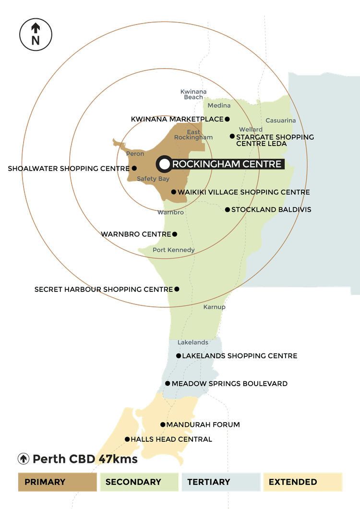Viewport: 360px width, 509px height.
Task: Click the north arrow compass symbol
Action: coord(36,35)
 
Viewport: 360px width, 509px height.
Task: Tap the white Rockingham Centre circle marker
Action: coord(165,164)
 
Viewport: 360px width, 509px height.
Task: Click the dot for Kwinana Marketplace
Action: coord(227,119)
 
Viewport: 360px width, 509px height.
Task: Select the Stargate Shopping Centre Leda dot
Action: coord(232,136)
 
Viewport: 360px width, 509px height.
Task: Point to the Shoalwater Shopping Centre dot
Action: coord(134,168)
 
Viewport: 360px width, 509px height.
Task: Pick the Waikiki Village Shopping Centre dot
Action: coord(174,192)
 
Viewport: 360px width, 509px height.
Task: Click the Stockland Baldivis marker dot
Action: coord(228,210)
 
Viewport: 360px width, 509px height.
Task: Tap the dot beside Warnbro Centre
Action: coord(175,234)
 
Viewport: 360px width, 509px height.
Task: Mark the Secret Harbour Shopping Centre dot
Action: coord(177,289)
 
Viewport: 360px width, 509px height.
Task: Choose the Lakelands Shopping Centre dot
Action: coord(178,356)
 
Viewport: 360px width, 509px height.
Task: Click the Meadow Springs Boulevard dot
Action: coord(168,383)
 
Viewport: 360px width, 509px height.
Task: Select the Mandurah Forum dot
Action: coord(163,424)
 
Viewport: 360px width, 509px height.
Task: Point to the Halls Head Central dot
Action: coord(127,439)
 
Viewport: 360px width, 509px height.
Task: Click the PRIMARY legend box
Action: coord(58,482)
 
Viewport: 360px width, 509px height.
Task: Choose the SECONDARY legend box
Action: coord(139,482)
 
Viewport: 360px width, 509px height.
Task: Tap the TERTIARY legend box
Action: coord(221,482)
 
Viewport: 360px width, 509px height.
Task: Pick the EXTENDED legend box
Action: coord(303,482)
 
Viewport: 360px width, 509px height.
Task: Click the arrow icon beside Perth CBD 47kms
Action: coord(24,459)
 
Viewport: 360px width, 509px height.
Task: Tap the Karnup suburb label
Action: coord(214,307)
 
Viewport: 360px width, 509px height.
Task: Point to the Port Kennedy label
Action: coord(174,250)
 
